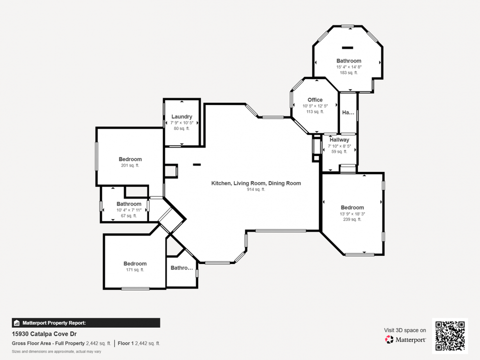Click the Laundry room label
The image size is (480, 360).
click(x=182, y=116)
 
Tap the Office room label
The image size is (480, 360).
click(x=315, y=99)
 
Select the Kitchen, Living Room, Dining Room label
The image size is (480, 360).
click(x=256, y=183)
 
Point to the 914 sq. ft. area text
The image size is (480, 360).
click(x=256, y=190)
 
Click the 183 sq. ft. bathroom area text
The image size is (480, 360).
click(x=348, y=73)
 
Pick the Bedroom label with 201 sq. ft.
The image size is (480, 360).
click(x=130, y=159)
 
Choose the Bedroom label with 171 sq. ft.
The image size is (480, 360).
click(x=135, y=263)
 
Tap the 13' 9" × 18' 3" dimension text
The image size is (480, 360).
click(x=352, y=214)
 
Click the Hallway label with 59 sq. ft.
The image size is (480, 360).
click(x=339, y=140)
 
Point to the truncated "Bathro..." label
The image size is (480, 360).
click(x=182, y=268)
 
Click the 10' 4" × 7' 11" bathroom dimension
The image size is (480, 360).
click(x=129, y=210)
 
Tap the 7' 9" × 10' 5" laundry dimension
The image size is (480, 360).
click(x=182, y=122)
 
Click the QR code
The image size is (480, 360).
click(x=449, y=335)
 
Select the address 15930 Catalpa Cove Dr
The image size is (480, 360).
click(x=45, y=333)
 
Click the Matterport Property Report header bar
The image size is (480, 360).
click(x=86, y=323)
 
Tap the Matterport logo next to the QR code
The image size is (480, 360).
click(x=405, y=339)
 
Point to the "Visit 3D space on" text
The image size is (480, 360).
click(x=405, y=330)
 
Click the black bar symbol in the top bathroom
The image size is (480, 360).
click(x=347, y=47)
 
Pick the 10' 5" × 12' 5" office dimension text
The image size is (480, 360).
click(x=315, y=105)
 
